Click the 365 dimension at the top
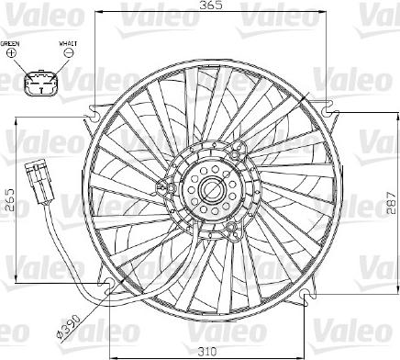point(213,9)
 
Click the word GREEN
point(10,43)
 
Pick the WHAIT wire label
point(68,43)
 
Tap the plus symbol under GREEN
point(11,54)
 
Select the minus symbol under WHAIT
point(68,54)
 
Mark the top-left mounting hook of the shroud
point(94,114)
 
